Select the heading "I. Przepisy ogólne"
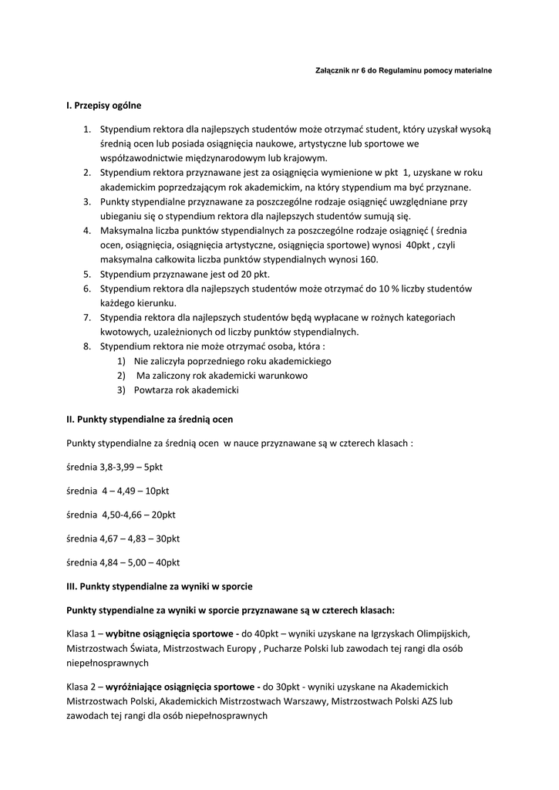(x=104, y=105)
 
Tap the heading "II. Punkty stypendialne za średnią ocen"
(x=150, y=419)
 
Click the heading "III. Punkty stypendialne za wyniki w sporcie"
(x=160, y=586)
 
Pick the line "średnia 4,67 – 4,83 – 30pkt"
(x=123, y=538)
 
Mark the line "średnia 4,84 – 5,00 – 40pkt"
(x=123, y=562)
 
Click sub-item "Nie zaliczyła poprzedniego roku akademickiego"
(x=232, y=361)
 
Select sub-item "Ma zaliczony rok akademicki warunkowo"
(x=222, y=376)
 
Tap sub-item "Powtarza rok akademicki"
(x=187, y=390)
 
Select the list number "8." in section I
(x=87, y=346)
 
